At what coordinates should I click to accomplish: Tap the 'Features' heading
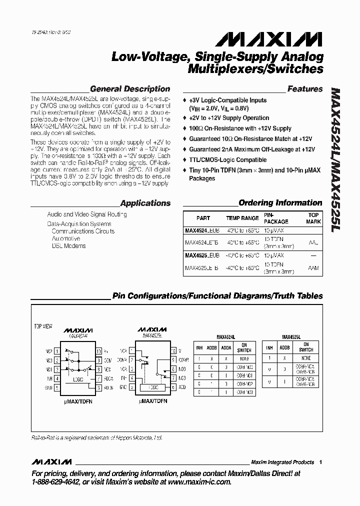click(305, 89)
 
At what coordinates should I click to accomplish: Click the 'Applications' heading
click(145, 203)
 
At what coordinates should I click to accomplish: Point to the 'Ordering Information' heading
click(280, 202)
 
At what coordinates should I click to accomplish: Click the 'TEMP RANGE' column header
click(242, 218)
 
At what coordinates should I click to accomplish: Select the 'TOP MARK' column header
click(313, 218)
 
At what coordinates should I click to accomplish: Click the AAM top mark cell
click(313, 268)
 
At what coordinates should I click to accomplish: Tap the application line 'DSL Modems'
click(69, 246)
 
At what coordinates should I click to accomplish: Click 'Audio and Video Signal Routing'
click(87, 214)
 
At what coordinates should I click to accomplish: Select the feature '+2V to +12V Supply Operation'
click(229, 118)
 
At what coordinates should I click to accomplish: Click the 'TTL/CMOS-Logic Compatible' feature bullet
click(227, 160)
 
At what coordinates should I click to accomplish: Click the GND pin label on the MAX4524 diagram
click(48, 387)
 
